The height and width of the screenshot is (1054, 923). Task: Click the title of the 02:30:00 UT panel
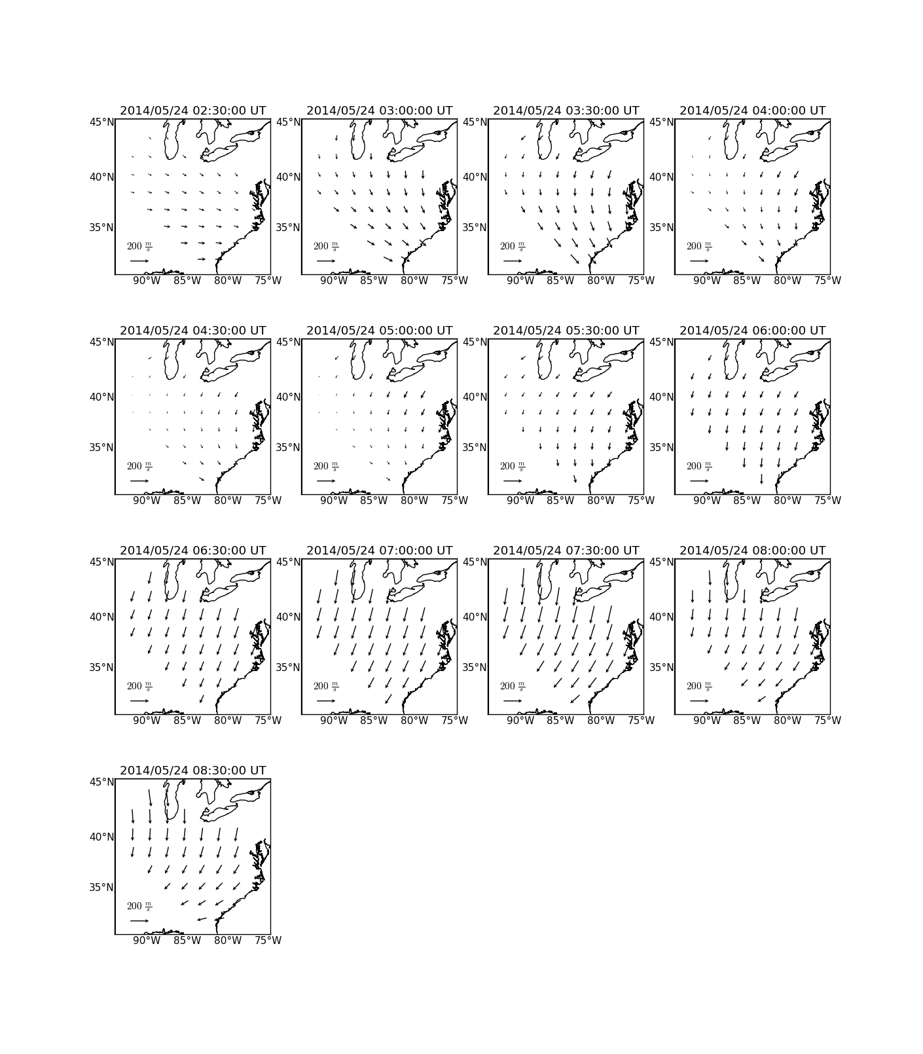[193, 111]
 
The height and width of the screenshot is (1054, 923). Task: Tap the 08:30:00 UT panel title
[193, 771]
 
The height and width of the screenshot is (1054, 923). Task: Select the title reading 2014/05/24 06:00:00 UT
[753, 331]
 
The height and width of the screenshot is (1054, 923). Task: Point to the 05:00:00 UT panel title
[380, 331]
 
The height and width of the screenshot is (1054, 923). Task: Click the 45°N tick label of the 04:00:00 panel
[661, 122]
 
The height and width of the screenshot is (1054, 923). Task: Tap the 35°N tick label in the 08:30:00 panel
[101, 887]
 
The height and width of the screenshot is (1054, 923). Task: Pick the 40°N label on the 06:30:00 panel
[101, 617]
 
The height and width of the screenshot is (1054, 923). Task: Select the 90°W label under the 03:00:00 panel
[333, 280]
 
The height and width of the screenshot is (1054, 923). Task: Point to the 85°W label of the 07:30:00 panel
[560, 720]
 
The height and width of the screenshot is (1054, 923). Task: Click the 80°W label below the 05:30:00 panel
[601, 500]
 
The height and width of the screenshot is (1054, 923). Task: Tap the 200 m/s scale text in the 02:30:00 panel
[139, 247]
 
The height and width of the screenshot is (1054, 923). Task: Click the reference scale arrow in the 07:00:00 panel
[326, 700]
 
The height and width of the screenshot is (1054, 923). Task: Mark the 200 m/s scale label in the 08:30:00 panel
[139, 907]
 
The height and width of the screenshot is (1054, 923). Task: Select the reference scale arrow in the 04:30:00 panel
[139, 481]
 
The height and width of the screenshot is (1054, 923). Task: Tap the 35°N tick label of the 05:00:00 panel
[288, 447]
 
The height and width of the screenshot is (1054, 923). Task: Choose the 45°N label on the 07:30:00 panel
[475, 562]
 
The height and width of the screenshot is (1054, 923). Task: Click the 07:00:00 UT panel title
[380, 551]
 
